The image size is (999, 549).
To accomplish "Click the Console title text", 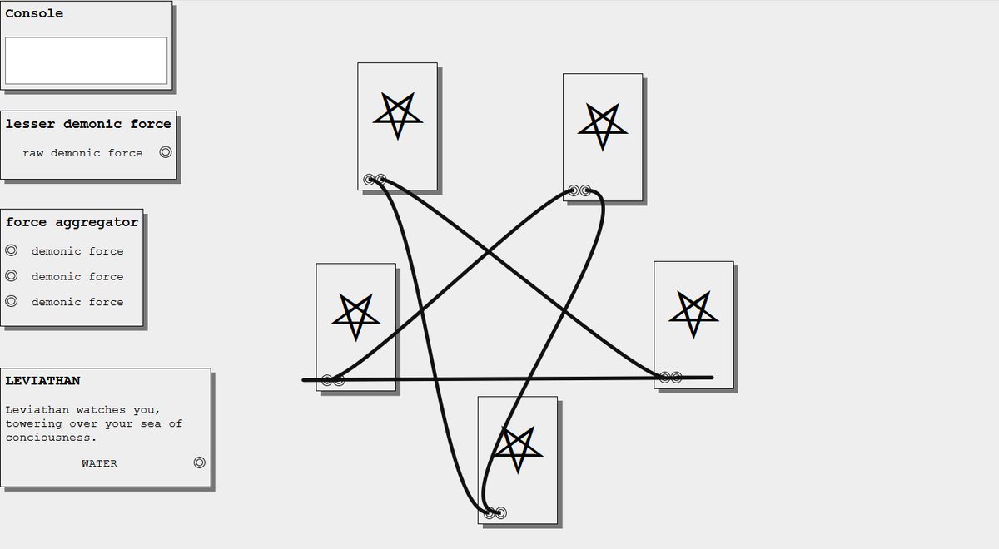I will point(34,13).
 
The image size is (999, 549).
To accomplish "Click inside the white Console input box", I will point(86,60).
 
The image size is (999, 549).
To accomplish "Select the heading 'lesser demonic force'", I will point(88,124).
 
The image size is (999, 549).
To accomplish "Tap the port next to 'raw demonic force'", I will point(166,152).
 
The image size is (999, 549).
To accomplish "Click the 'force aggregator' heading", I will point(72,222).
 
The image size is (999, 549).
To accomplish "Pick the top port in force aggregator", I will point(12,250).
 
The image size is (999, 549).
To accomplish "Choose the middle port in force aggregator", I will point(12,276).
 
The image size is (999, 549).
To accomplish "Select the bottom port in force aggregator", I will point(12,301).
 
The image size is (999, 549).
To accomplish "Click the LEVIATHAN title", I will point(42,381).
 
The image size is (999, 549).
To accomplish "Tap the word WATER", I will point(99,463).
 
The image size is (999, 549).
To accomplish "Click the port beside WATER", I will point(199,462).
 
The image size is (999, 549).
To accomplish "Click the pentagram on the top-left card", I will point(397,115).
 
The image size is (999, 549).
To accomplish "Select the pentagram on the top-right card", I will point(602,126).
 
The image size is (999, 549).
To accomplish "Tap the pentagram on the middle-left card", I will point(356,315).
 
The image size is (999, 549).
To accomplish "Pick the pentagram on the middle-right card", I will point(693,313).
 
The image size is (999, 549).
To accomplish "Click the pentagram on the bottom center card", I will point(517,449).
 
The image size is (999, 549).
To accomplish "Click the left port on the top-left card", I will point(369,179).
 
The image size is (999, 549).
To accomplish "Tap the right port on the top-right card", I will point(585,190).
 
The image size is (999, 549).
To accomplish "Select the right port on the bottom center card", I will point(500,512).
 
